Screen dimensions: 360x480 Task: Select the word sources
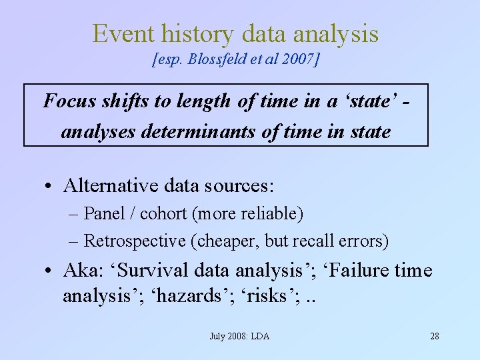pyautogui.click(x=241, y=184)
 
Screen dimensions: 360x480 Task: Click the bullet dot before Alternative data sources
pyautogui.click(x=50, y=185)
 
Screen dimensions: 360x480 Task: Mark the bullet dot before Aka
pyautogui.click(x=50, y=272)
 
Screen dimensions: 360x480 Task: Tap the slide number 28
pyautogui.click(x=435, y=336)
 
